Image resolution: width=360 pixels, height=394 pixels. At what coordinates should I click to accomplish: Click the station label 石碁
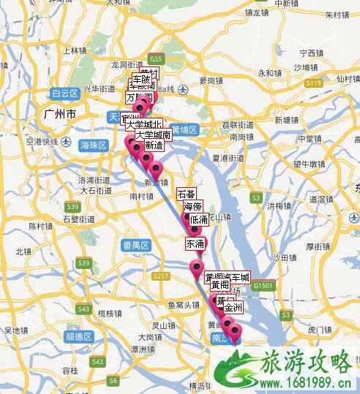(187, 194)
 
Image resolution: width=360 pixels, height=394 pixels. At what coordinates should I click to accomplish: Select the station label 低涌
(199, 219)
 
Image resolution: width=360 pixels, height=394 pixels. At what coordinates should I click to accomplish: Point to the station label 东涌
(195, 243)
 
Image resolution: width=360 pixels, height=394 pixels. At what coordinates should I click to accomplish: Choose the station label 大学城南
(153, 135)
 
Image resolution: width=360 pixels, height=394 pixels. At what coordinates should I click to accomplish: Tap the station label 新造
(154, 146)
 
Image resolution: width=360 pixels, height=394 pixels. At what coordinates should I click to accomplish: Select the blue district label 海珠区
(94, 145)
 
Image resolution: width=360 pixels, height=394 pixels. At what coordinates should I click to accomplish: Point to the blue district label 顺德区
(78, 336)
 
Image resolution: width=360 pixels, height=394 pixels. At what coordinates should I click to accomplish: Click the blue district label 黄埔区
(186, 131)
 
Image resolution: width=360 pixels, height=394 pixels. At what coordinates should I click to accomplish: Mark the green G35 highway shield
(154, 58)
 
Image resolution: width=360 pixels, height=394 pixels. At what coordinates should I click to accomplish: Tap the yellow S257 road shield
(162, 276)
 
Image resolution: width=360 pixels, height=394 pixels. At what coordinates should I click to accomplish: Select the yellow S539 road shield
(83, 262)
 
